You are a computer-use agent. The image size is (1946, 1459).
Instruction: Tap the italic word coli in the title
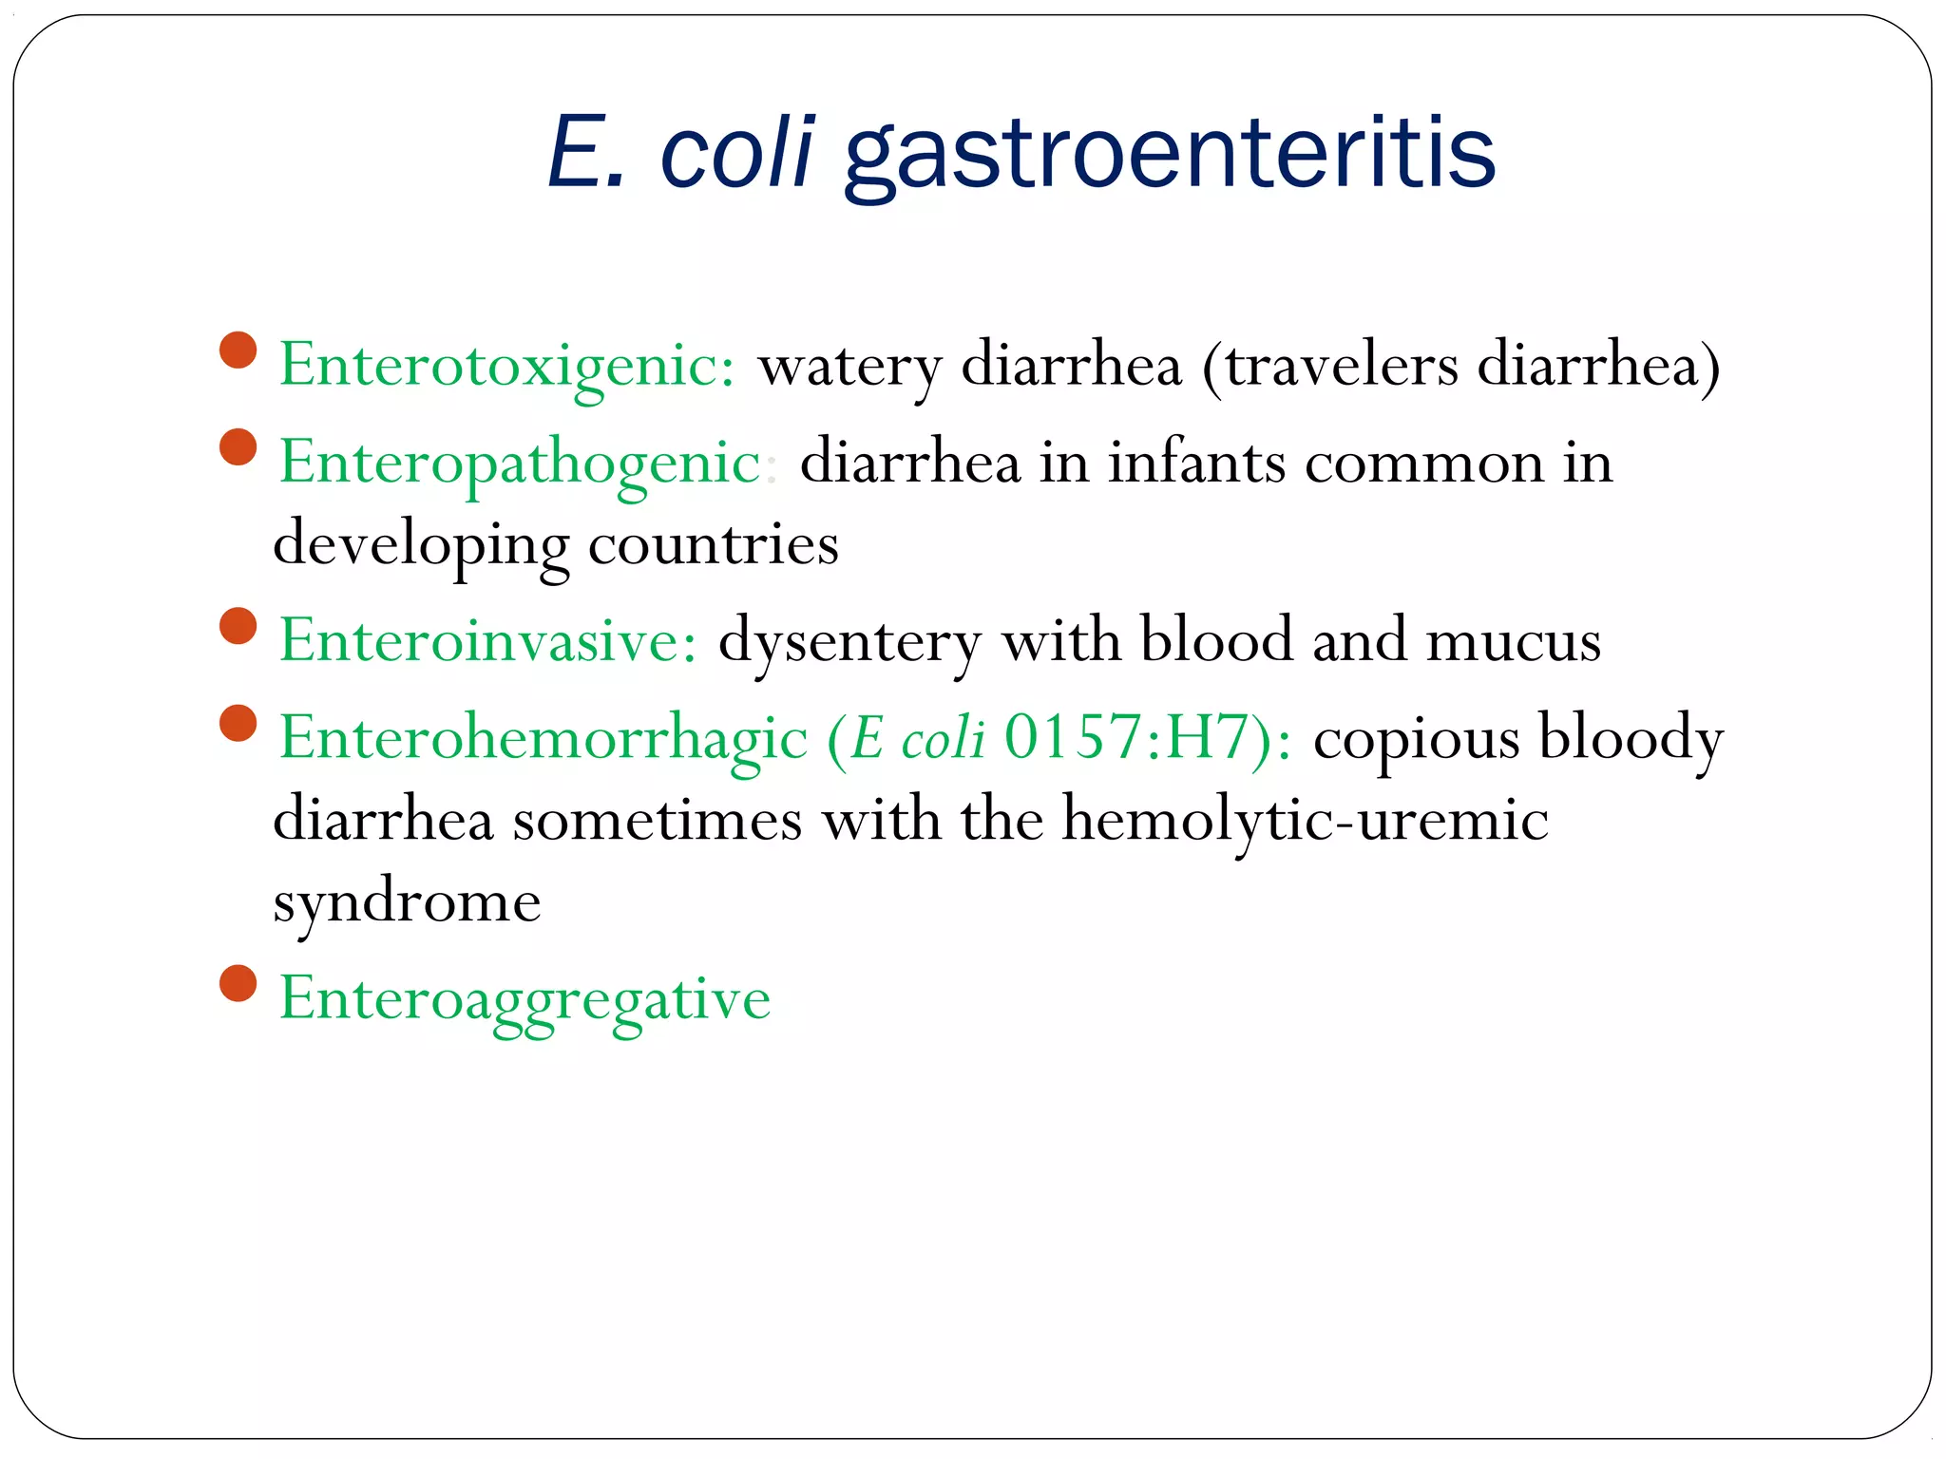click(737, 152)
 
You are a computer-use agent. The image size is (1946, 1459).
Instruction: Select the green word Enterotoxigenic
click(506, 365)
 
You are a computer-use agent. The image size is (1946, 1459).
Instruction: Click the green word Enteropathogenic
click(520, 464)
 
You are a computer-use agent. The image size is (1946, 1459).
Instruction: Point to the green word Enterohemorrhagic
click(543, 738)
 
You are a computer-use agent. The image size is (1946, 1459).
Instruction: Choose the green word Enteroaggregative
click(525, 999)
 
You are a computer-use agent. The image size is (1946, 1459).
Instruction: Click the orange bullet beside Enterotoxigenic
click(238, 350)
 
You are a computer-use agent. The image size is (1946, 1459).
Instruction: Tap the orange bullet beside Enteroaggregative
click(238, 983)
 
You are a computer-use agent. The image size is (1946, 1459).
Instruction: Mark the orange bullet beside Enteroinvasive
click(238, 626)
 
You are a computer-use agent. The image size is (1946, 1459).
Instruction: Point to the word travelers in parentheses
click(1342, 365)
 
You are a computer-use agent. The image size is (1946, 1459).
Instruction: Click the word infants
click(1196, 464)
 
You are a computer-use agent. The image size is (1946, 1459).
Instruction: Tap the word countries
click(713, 544)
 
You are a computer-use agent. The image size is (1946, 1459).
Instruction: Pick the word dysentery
click(849, 642)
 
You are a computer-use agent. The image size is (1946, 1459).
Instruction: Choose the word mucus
click(1514, 640)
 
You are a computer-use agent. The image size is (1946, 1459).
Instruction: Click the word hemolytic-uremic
click(1305, 820)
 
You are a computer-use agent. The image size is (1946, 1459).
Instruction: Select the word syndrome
click(407, 902)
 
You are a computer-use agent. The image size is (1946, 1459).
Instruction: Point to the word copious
click(1416, 739)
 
